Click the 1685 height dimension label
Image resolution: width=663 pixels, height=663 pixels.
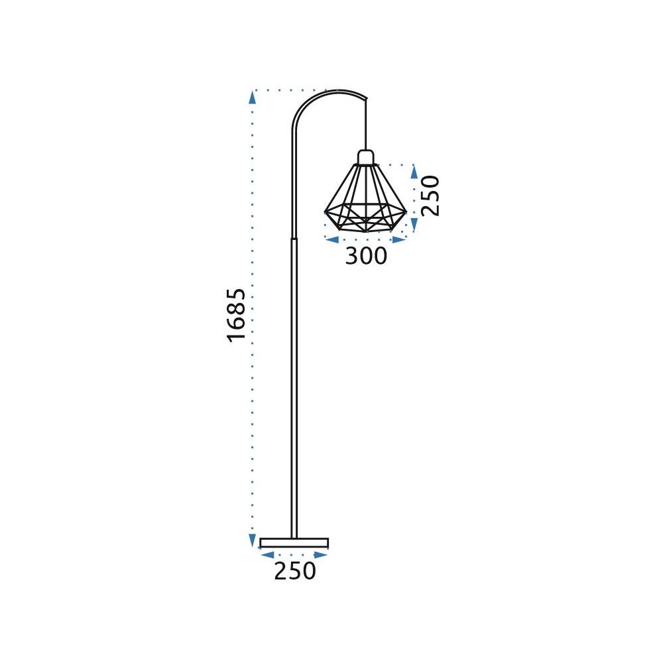click(236, 316)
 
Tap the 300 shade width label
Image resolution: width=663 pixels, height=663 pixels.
click(366, 256)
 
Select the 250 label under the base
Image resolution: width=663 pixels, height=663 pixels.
click(295, 571)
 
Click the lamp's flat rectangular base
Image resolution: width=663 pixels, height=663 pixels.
click(294, 543)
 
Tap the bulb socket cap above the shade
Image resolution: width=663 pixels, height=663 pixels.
click(366, 157)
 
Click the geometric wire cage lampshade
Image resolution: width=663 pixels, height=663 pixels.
click(365, 198)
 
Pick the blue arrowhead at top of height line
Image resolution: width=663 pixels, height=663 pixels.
click(253, 97)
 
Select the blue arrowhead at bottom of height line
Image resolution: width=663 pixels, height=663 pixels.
click(253, 540)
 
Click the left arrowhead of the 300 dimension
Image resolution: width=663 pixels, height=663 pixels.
click(332, 240)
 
